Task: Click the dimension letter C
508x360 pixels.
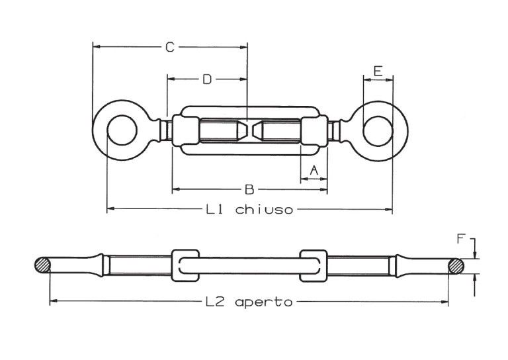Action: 170,47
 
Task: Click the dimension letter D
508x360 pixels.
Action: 207,79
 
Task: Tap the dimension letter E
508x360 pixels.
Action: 378,71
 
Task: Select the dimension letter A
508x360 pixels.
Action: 314,170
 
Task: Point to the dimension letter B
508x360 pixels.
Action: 249,189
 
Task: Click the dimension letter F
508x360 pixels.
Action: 460,239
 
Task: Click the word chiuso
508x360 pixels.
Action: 264,209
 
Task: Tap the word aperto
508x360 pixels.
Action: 264,302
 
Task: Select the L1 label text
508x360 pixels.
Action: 214,209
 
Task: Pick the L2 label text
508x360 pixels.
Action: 215,302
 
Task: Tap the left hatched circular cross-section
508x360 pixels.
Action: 42,265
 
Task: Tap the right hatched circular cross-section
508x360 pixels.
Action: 456,266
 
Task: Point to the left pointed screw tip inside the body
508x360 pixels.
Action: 243,130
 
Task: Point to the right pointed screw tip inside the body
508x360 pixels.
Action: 257,130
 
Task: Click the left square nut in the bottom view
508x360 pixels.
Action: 185,265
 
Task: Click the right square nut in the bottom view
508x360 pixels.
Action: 314,265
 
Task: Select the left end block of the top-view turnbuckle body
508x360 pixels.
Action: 186,130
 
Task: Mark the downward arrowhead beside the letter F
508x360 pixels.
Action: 475,254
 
